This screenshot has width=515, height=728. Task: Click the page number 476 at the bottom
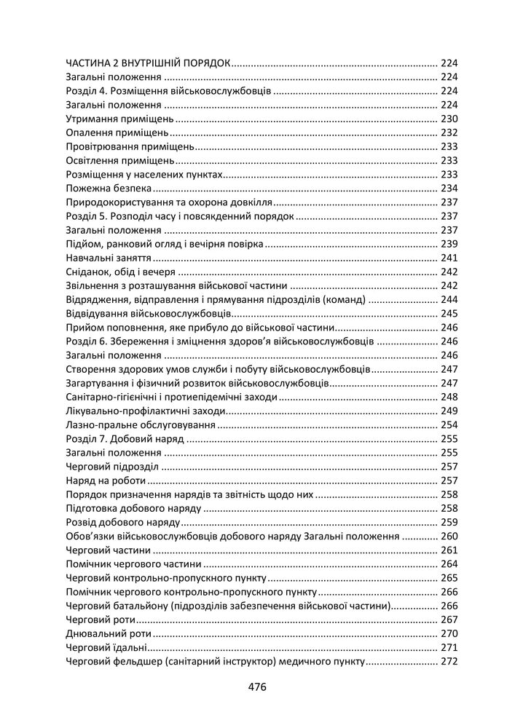[x=258, y=687]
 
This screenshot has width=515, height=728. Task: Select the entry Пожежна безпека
[x=103, y=188]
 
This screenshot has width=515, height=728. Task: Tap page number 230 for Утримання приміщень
[x=448, y=119]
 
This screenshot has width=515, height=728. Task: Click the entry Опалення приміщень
[x=117, y=132]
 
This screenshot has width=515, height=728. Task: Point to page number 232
[x=448, y=132]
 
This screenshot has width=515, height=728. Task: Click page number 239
[x=448, y=244]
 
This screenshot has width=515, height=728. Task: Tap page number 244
[x=448, y=299]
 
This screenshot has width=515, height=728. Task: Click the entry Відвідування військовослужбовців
[x=149, y=313]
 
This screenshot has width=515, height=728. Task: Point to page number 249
[x=448, y=411]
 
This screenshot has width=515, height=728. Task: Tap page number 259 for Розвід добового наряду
[x=448, y=522]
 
